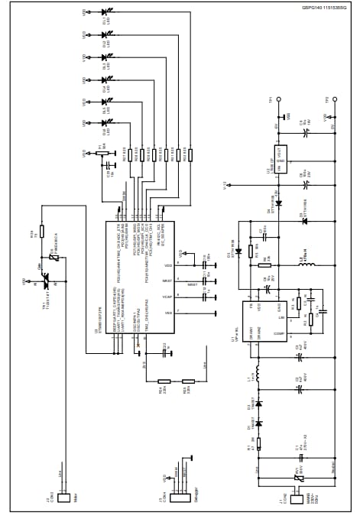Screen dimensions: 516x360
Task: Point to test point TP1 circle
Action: pyautogui.click(x=280, y=99)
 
